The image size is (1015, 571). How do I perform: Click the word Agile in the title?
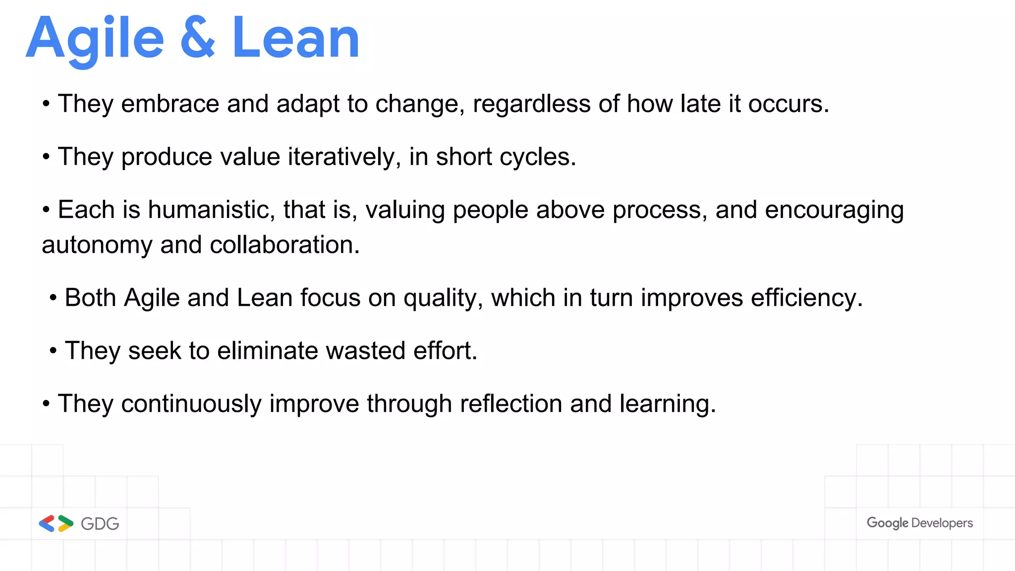pos(95,39)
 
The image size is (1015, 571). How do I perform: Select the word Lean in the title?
pos(295,38)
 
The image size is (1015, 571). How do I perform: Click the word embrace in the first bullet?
pos(170,104)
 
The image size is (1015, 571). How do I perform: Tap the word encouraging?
pos(834,210)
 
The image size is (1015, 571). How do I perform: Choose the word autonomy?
pos(97,245)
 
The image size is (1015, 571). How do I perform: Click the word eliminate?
pos(268,350)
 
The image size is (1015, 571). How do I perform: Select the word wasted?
pos(366,350)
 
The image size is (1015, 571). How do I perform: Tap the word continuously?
pos(191,403)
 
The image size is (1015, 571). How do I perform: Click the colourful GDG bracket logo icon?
pos(56,523)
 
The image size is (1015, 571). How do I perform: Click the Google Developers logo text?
pos(919,523)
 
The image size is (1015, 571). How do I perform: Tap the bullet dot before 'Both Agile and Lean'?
pos(53,298)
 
